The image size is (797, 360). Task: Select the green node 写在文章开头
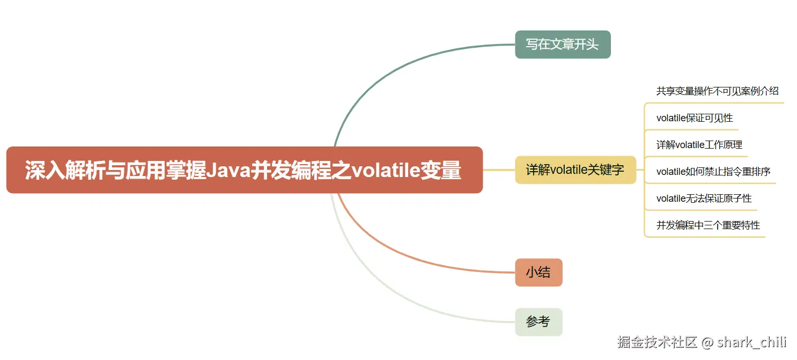tap(562, 45)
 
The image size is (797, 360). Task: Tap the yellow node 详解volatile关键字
tap(575, 170)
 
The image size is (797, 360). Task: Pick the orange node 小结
tap(538, 273)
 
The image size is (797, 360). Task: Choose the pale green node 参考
tap(538, 322)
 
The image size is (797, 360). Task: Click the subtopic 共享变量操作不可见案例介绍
tap(717, 91)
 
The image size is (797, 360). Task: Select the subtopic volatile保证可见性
tap(694, 118)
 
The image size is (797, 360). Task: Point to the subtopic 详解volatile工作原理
tap(699, 145)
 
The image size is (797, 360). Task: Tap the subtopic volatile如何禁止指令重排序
tap(713, 172)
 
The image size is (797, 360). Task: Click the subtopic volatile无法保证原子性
tap(704, 199)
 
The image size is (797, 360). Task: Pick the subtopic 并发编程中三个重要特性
tap(708, 225)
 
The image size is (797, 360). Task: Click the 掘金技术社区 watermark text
tap(656, 342)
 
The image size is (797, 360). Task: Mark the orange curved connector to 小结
tap(408, 252)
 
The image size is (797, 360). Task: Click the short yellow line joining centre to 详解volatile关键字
tap(499, 170)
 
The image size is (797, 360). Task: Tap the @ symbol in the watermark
tap(707, 342)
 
